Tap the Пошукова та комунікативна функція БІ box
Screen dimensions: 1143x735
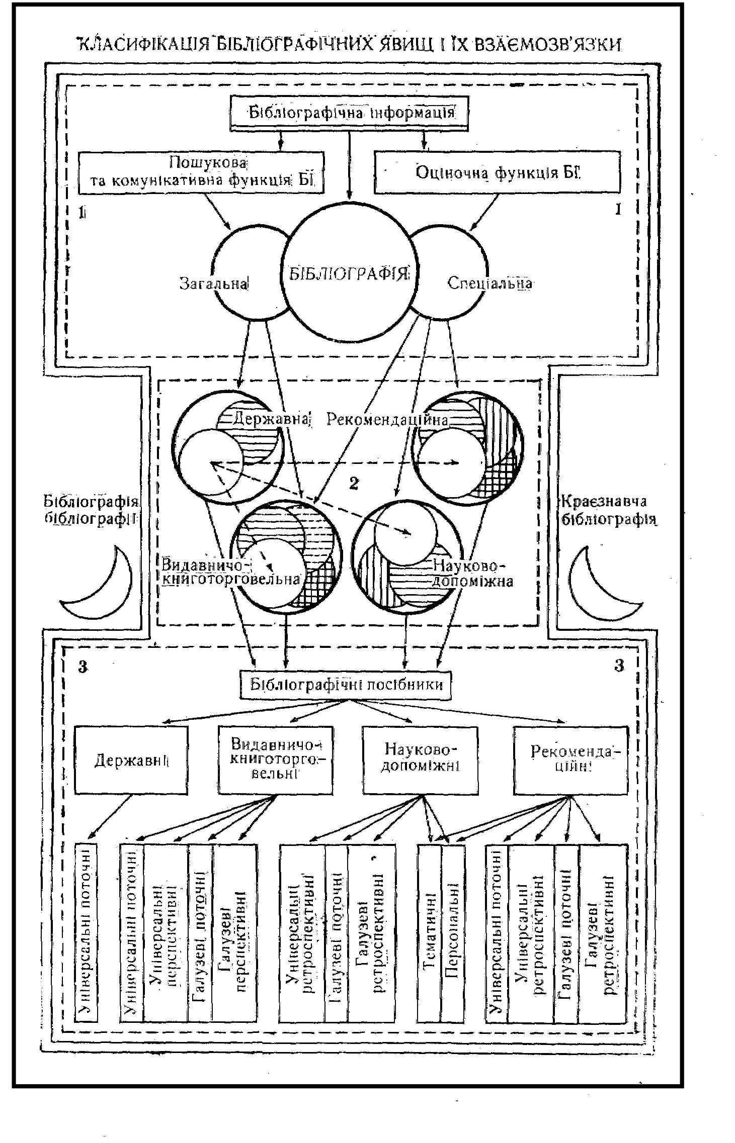[201, 172]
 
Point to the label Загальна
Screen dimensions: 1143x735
[214, 283]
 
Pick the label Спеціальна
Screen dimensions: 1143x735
[489, 283]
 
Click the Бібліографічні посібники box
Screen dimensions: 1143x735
[346, 685]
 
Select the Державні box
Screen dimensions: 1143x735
[131, 760]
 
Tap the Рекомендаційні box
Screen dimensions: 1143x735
[570, 760]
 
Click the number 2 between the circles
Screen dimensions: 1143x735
[354, 483]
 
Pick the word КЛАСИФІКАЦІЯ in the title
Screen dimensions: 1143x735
[143, 45]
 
